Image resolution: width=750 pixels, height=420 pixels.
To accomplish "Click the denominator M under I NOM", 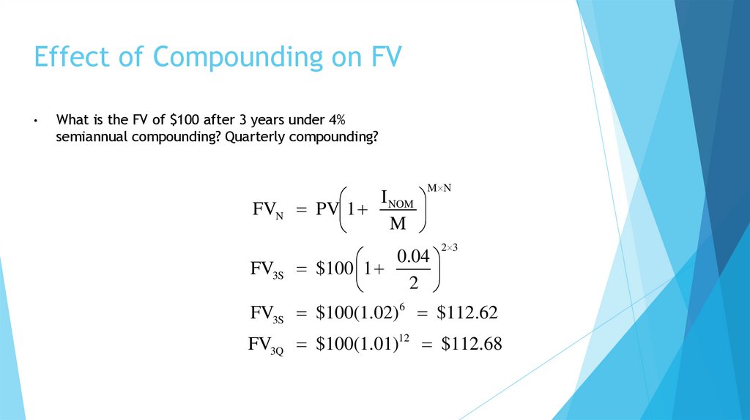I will [398, 224].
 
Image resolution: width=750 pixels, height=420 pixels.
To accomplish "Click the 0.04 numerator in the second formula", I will [413, 257].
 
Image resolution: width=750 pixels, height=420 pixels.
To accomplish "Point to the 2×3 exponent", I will [449, 248].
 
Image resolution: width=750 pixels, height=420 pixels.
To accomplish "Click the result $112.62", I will [467, 313].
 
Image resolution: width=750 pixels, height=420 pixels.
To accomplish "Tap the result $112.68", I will [472, 344].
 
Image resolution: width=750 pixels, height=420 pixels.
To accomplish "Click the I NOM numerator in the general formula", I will [398, 198].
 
